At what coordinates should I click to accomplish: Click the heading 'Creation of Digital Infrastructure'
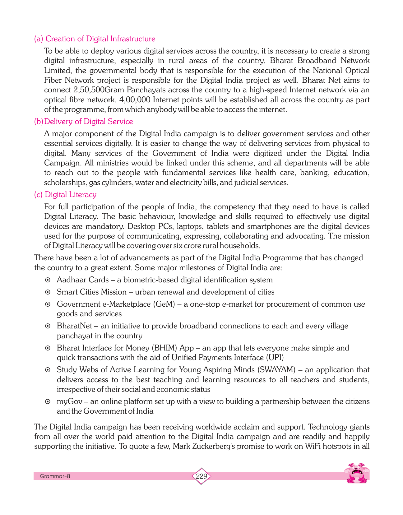[100, 39]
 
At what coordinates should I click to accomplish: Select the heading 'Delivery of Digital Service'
[89, 122]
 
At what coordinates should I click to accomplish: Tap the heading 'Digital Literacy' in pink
[71, 195]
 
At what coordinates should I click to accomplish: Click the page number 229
[201, 476]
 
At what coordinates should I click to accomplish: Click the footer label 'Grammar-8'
[55, 476]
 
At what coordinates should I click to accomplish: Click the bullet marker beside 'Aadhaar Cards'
[48, 280]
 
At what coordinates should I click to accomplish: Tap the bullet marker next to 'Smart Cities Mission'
[48, 292]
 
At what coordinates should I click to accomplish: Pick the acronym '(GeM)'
[164, 304]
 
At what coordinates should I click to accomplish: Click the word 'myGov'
[67, 401]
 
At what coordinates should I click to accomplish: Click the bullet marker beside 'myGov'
[48, 402]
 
